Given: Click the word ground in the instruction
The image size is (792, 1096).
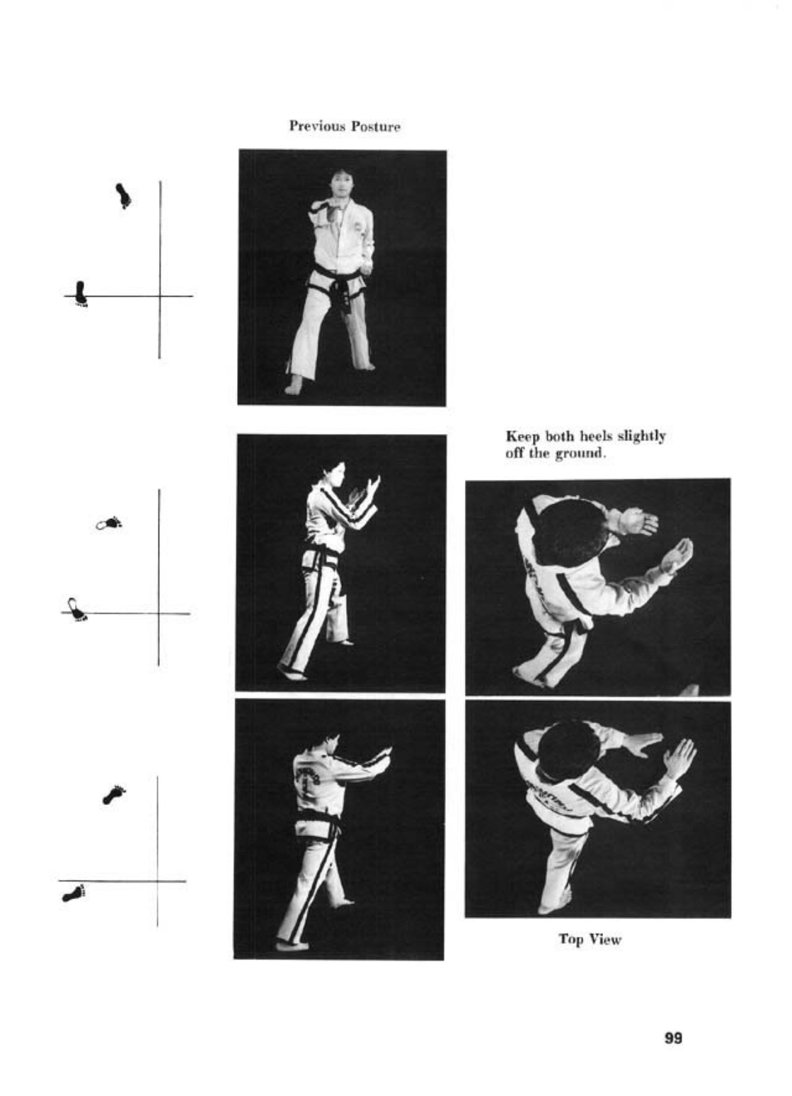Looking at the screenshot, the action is (x=580, y=454).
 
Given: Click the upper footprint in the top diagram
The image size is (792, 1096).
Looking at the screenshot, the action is (x=123, y=195).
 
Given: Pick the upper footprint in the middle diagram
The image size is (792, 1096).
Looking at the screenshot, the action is (x=109, y=523).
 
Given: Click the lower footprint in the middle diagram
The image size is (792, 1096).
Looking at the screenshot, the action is (x=77, y=610).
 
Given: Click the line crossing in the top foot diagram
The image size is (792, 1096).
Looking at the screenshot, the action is (x=160, y=295).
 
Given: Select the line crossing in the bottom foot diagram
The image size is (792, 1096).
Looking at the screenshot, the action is (x=158, y=881).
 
